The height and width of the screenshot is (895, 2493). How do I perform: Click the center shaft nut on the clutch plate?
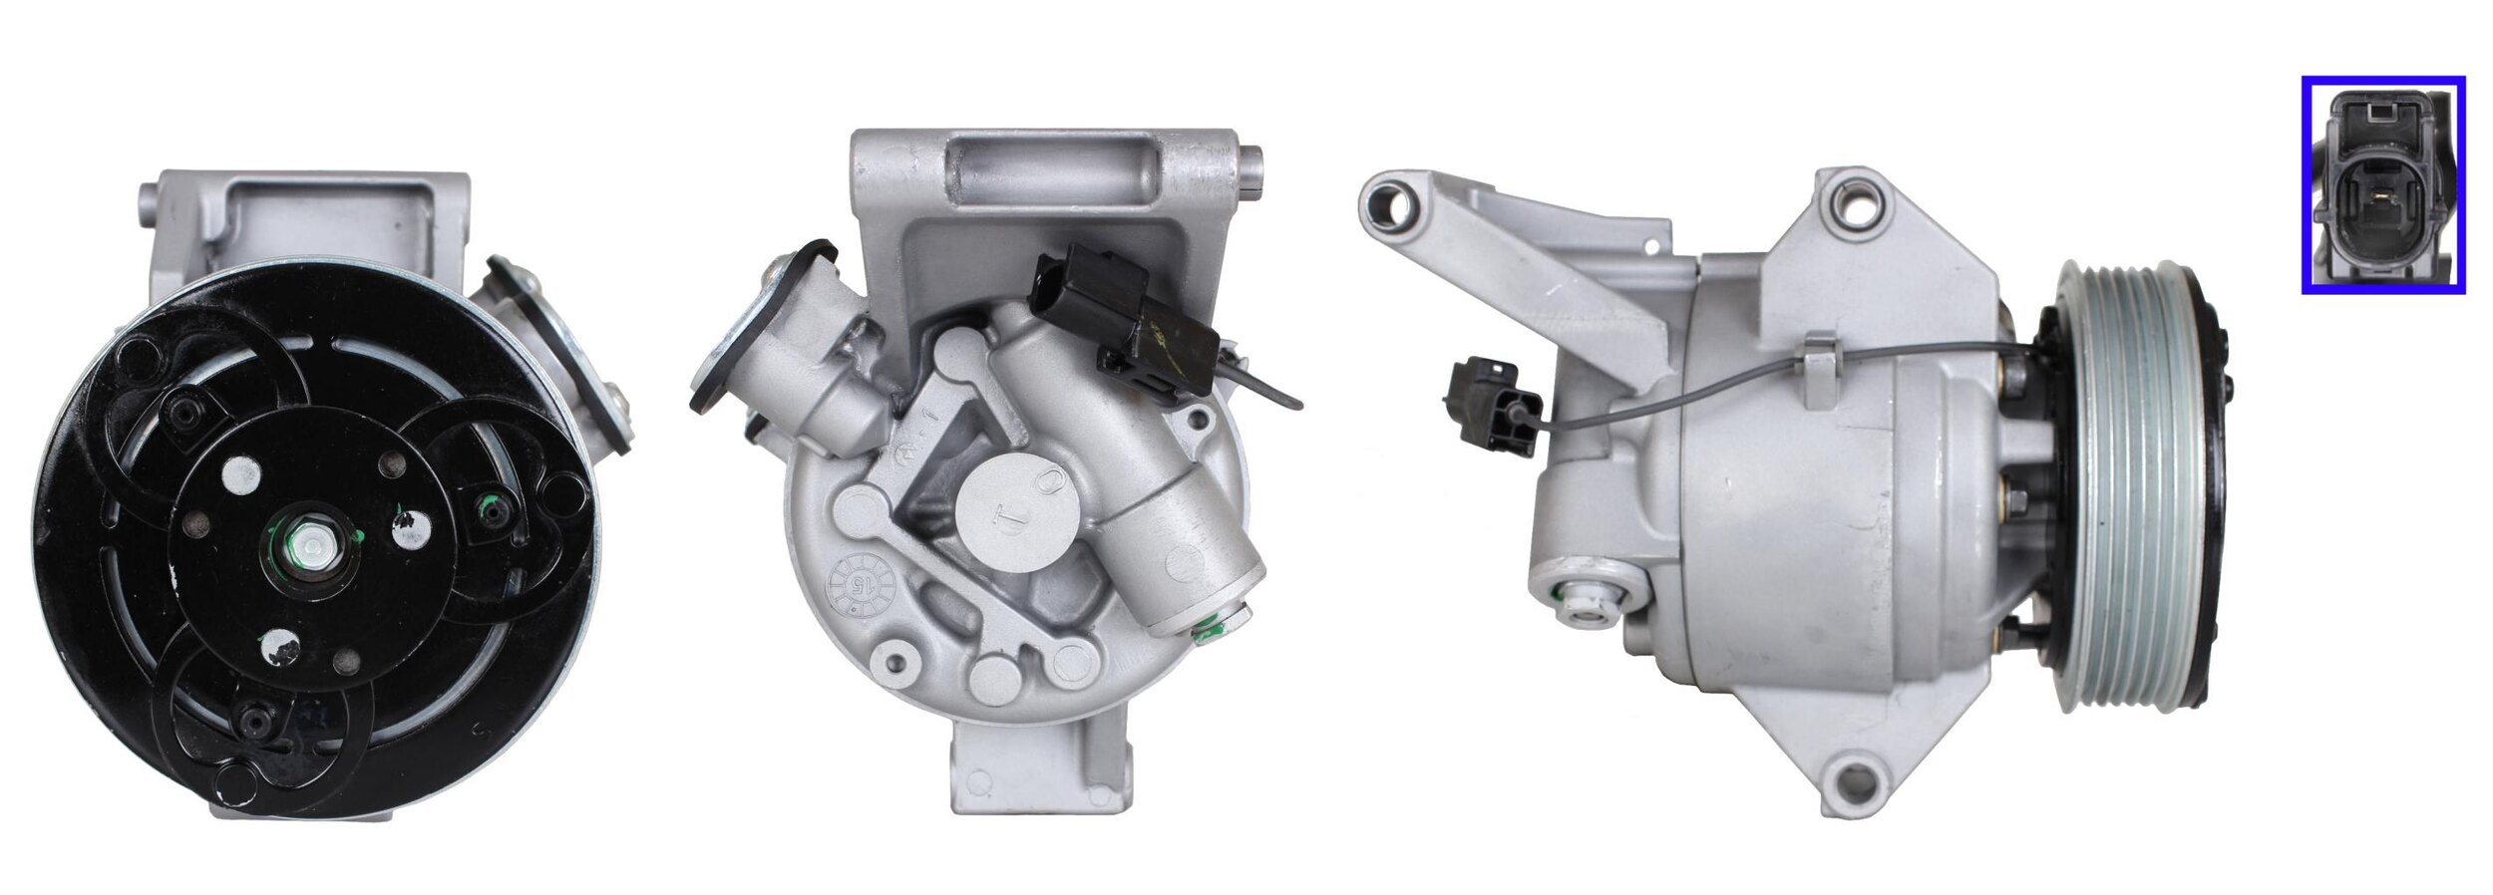[315, 547]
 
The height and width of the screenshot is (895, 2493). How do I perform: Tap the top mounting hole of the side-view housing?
[1855, 209]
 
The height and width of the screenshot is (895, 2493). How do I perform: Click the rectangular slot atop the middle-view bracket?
[1053, 176]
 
